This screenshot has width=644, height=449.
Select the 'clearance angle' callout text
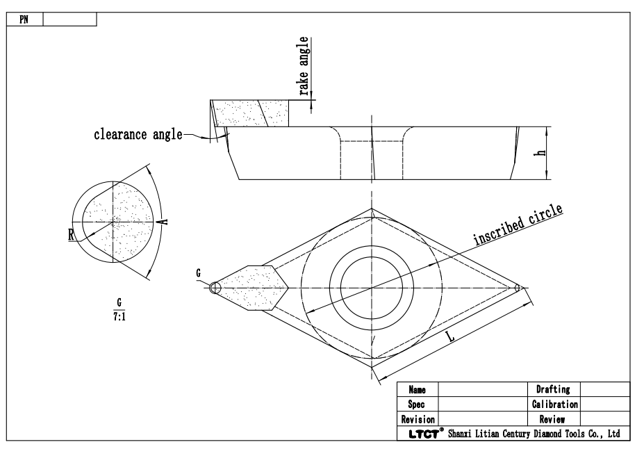[x=138, y=135]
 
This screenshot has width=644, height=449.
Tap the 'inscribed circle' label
[x=518, y=226]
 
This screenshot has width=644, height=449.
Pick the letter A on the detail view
[x=163, y=221]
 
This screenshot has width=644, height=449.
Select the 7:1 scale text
[x=117, y=314]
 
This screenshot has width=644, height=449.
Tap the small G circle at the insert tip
[x=215, y=287]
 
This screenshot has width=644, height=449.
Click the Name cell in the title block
[x=417, y=390]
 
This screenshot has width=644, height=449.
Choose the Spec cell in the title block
[x=417, y=404]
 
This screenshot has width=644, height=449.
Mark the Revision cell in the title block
[x=418, y=420]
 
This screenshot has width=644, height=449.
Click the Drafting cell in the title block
[x=554, y=390]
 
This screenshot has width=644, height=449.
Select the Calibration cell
[x=554, y=404]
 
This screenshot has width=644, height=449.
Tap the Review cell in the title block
[x=554, y=420]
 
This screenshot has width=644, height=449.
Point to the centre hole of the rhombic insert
[x=372, y=287]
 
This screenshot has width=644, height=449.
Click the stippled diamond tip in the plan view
[x=257, y=287]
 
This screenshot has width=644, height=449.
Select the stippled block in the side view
[x=243, y=113]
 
